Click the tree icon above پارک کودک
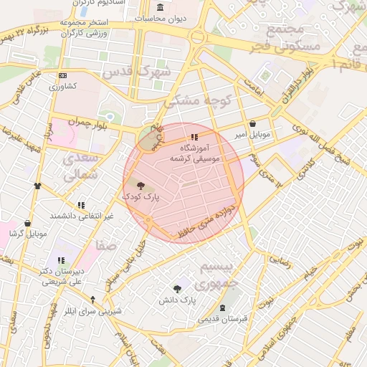click(x=139, y=185)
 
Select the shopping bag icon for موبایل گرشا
click(x=27, y=223)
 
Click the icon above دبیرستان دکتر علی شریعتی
click(x=60, y=261)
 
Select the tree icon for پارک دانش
click(x=177, y=288)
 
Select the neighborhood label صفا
click(x=106, y=246)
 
